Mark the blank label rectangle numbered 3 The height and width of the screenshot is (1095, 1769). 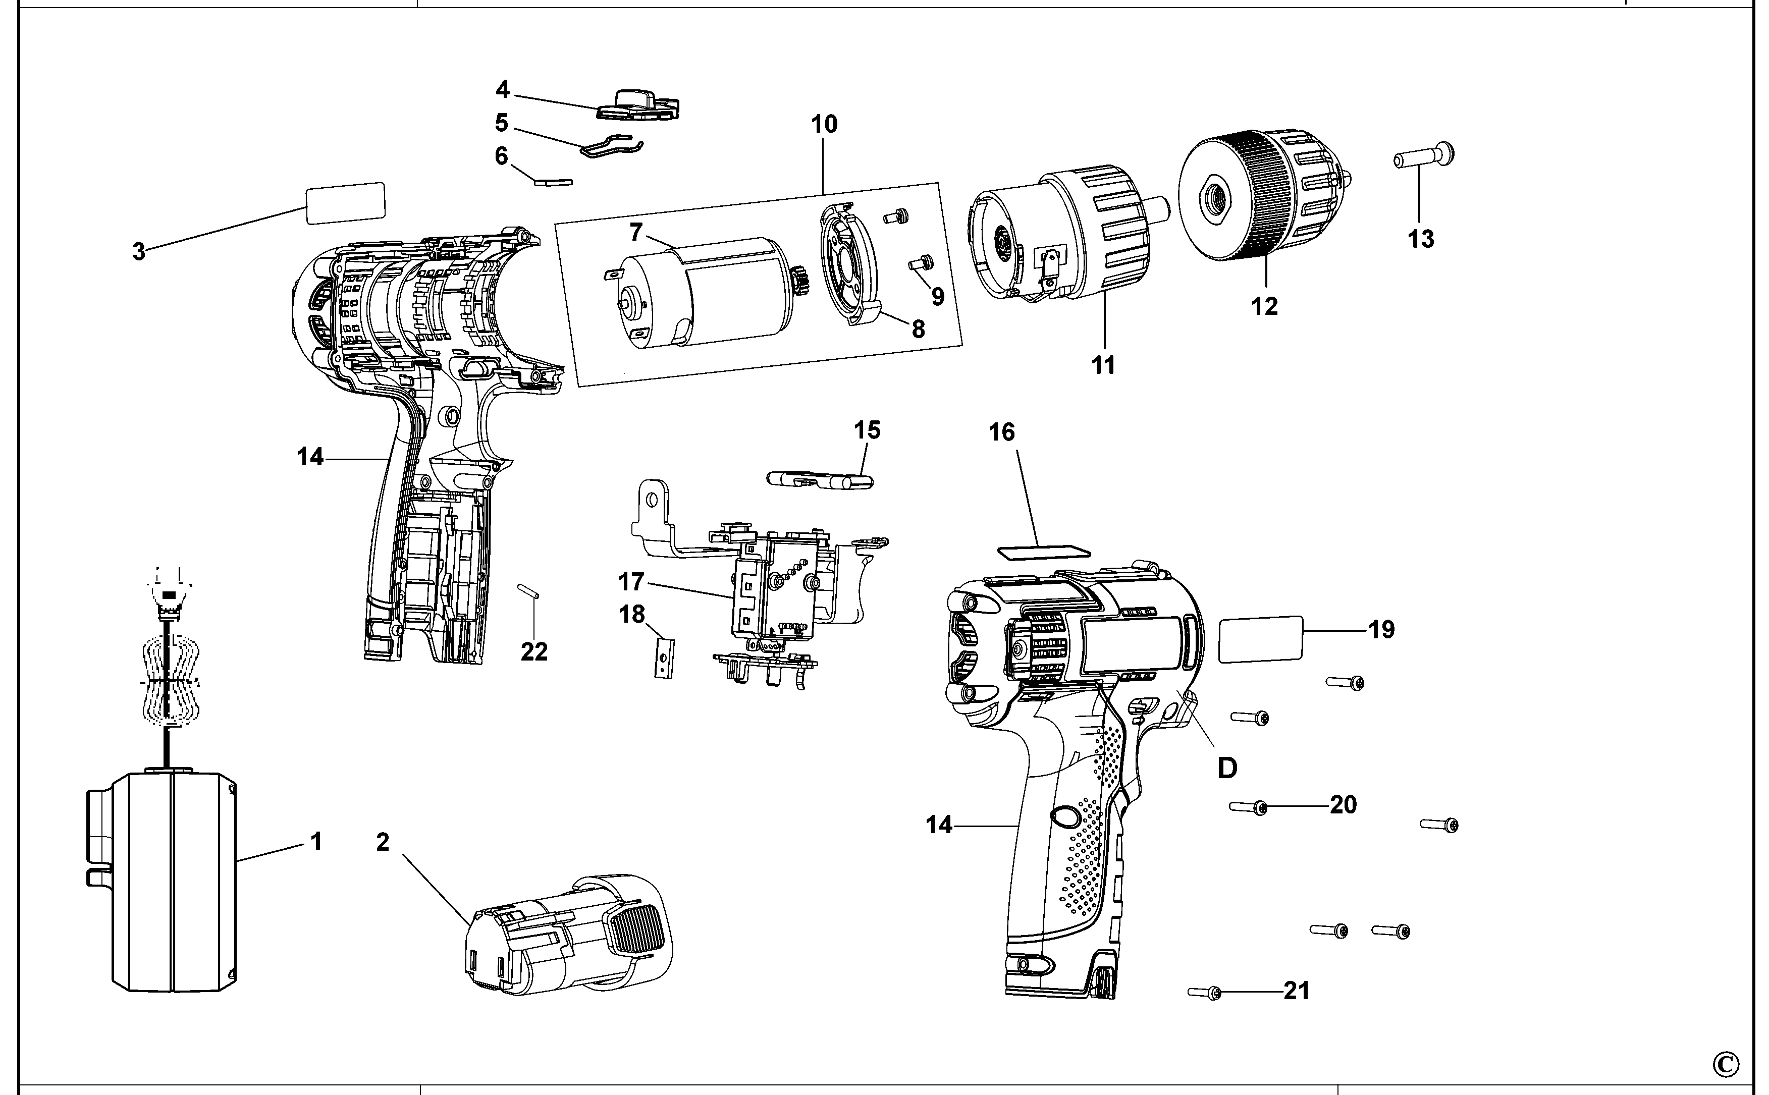click(x=345, y=203)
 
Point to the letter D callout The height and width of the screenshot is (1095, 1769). click(x=1226, y=768)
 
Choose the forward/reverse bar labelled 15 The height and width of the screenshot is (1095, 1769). click(x=820, y=480)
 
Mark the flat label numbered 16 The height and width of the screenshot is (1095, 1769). click(x=1043, y=551)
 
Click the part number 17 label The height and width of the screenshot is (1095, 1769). click(x=631, y=581)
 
